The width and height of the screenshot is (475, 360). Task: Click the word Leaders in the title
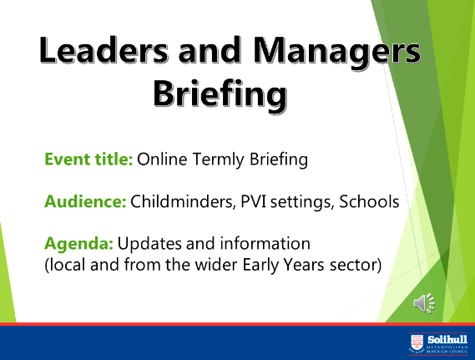coord(104,49)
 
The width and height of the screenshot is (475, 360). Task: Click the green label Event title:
coord(88,159)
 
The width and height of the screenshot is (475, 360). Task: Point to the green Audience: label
coord(85,201)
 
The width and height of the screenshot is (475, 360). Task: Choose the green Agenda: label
coord(78,244)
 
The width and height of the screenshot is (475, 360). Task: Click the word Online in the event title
coord(162,159)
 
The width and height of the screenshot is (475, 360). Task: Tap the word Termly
coord(218,160)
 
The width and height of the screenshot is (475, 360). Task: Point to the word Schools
coord(369,201)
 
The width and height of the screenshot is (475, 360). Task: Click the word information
coord(265,243)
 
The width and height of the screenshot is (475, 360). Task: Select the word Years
coord(304,265)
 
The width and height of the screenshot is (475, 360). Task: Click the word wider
coord(216,265)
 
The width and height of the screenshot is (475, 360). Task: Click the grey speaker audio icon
coord(424,303)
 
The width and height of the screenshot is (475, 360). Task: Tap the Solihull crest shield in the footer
coord(417,343)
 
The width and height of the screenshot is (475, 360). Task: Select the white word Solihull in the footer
coord(447,339)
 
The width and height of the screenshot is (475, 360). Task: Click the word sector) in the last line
coord(356,265)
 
